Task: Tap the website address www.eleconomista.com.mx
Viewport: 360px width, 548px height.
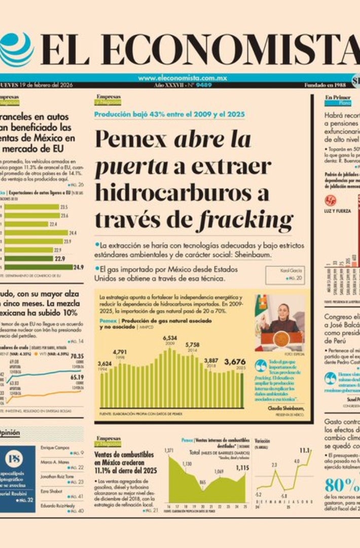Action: (x=182, y=78)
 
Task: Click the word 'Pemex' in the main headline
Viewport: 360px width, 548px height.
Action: (x=131, y=139)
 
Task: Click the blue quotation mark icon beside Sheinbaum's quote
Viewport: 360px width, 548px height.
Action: (x=261, y=366)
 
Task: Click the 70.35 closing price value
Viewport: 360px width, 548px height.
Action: (x=77, y=356)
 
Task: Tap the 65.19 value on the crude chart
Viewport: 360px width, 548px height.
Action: (x=77, y=377)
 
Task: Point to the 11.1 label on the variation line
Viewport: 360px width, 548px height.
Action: (x=305, y=450)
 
